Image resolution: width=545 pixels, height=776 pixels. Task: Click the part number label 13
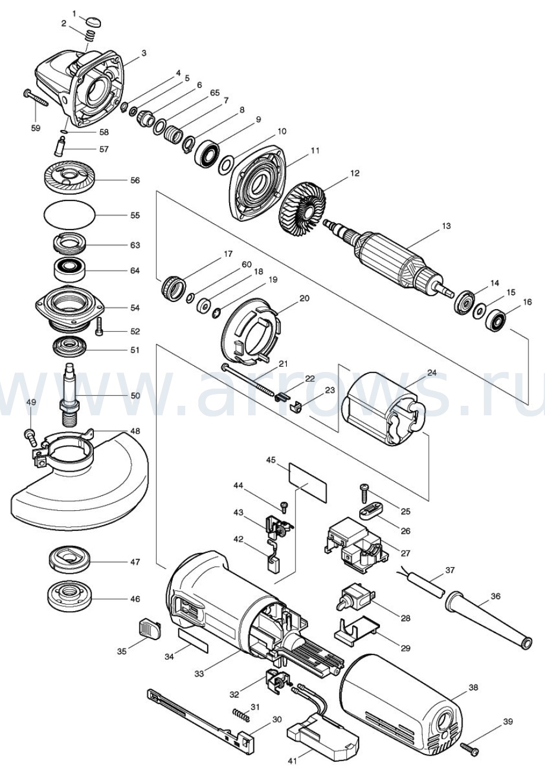(446, 226)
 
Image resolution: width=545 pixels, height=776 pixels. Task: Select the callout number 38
(473, 688)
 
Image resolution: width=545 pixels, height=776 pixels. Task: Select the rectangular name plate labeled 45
(308, 484)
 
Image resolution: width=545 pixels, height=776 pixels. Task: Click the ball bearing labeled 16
(496, 320)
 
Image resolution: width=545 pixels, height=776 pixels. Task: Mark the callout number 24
(432, 373)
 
